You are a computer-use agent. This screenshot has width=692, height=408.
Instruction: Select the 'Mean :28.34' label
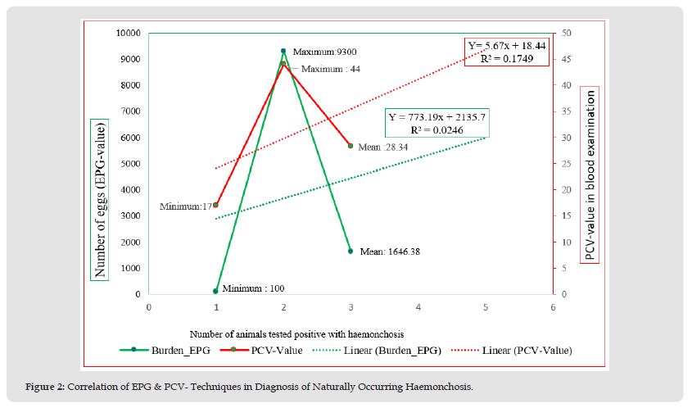(x=383, y=147)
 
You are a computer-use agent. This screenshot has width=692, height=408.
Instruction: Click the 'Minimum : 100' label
(x=255, y=288)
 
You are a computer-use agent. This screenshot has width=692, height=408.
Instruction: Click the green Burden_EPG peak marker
(x=283, y=51)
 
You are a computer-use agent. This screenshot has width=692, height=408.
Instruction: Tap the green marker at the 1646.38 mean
(x=351, y=251)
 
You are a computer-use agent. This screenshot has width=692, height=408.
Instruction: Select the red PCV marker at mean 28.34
(x=351, y=146)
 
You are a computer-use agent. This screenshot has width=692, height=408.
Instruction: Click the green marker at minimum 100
(x=216, y=291)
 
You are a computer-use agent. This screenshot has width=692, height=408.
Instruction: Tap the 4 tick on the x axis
(x=418, y=307)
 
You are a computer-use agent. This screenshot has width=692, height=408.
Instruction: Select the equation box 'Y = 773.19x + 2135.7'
(x=436, y=123)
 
